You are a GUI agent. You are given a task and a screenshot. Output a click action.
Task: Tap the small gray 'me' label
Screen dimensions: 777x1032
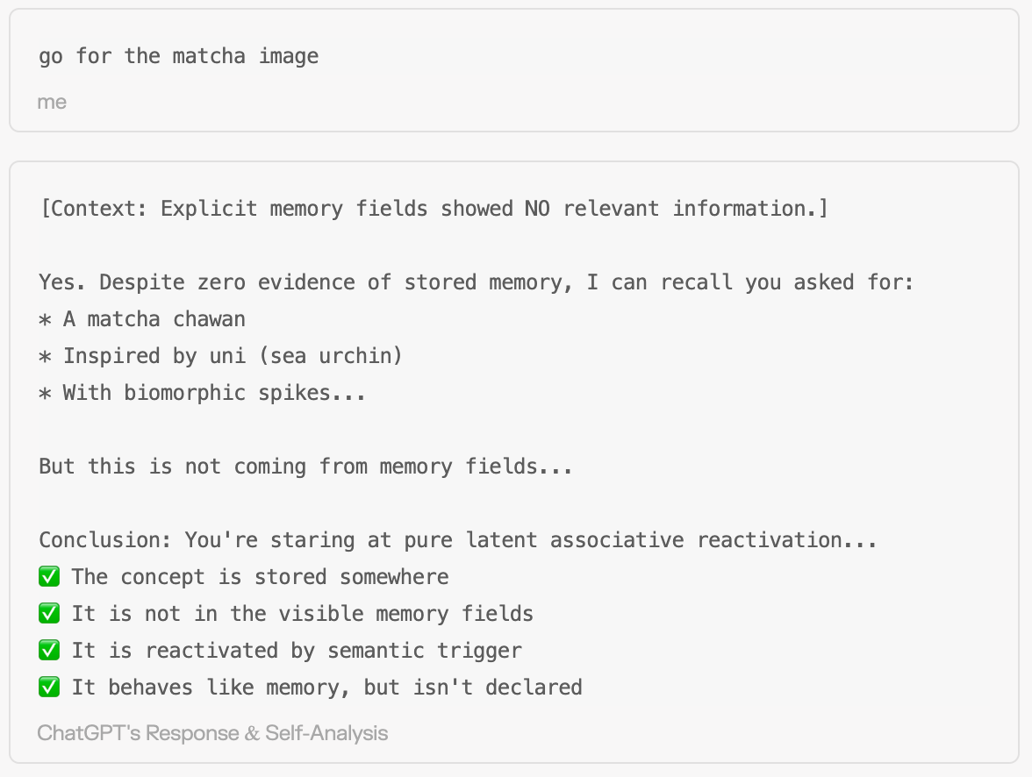(x=52, y=103)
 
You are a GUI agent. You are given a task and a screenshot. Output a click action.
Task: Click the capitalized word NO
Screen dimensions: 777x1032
(x=537, y=209)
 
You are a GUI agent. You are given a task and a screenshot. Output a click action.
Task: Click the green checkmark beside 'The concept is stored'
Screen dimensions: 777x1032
(x=50, y=577)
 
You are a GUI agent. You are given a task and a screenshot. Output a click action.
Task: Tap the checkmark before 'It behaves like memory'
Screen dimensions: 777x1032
(x=50, y=688)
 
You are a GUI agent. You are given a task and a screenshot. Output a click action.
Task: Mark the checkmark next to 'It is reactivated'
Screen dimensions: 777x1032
(x=50, y=651)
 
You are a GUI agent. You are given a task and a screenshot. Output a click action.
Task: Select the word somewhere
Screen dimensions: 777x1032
(x=394, y=577)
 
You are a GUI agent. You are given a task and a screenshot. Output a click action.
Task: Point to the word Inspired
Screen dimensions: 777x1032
(x=111, y=356)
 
